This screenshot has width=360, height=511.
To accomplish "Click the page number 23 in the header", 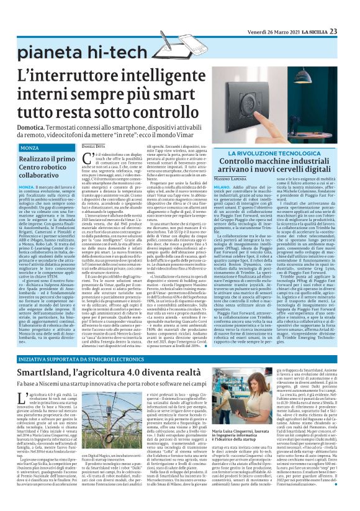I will pyautogui.click(x=350, y=14).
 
